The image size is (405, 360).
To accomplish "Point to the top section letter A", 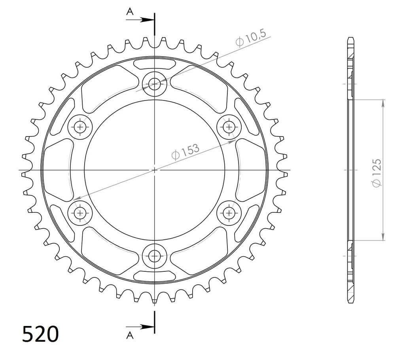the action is [x=130, y=11].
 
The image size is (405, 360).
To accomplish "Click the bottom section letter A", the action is [x=130, y=335].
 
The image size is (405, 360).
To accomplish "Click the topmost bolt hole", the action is [x=155, y=84].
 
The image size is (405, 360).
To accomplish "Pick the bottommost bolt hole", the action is [x=155, y=256].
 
